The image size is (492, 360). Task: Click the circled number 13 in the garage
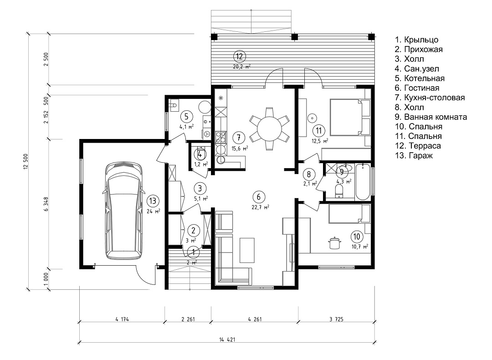(153, 201)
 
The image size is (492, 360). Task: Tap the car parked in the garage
(123, 211)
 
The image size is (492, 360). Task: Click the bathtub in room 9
(363, 181)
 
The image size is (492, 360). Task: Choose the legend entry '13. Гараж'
(414, 155)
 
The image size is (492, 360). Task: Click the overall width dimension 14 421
(227, 339)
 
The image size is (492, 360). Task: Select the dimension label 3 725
(337, 319)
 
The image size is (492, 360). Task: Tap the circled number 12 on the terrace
(240, 57)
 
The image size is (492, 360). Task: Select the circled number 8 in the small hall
(308, 174)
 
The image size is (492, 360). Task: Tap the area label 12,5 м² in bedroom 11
(320, 141)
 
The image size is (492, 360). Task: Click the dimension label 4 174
(121, 319)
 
